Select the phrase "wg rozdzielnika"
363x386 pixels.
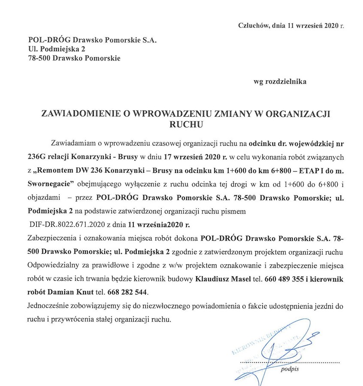[280, 81]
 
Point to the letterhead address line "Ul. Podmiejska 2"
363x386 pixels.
[54, 50]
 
